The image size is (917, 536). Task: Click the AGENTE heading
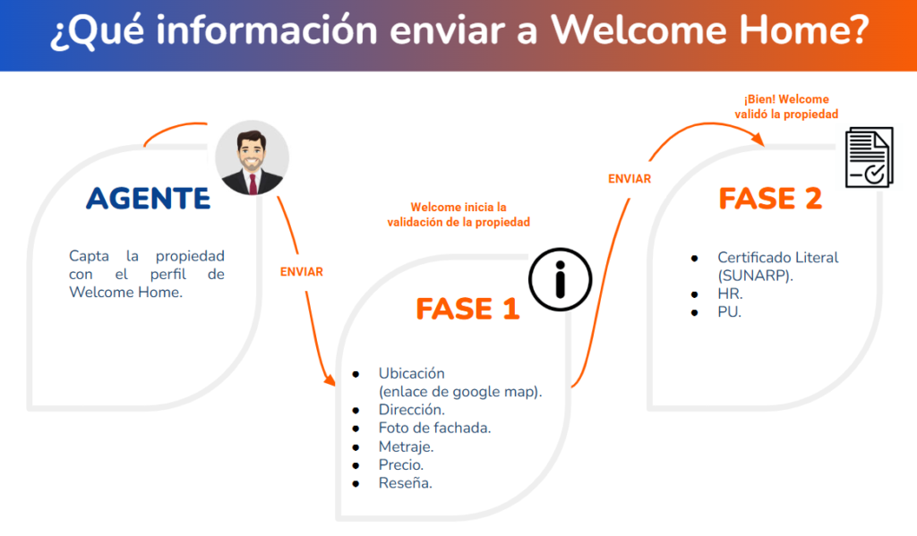click(x=148, y=198)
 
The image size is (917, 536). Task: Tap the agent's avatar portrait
click(x=252, y=157)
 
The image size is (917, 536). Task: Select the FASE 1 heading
click(x=467, y=309)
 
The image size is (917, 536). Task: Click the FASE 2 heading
click(x=770, y=198)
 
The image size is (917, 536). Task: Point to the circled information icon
click(x=561, y=279)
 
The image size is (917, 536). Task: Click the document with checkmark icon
click(x=870, y=157)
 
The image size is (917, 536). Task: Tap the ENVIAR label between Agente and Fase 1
click(x=301, y=272)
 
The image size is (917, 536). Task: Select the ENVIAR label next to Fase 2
click(x=630, y=179)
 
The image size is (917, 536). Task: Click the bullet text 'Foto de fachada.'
click(x=434, y=428)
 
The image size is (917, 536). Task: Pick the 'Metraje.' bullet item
click(x=406, y=447)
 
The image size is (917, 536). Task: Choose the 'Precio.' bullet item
click(x=400, y=464)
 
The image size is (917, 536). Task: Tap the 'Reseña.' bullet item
click(x=406, y=483)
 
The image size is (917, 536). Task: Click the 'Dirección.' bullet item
click(x=411, y=410)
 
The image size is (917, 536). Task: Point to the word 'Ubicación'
click(x=411, y=373)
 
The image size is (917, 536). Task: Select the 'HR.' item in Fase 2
click(x=730, y=294)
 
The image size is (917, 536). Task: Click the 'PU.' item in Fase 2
click(x=729, y=312)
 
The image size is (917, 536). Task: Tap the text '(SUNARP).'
click(x=755, y=276)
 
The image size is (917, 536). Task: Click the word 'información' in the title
click(x=267, y=30)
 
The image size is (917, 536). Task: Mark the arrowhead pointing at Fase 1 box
click(x=330, y=380)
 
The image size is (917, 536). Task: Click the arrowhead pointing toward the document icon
click(x=758, y=139)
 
